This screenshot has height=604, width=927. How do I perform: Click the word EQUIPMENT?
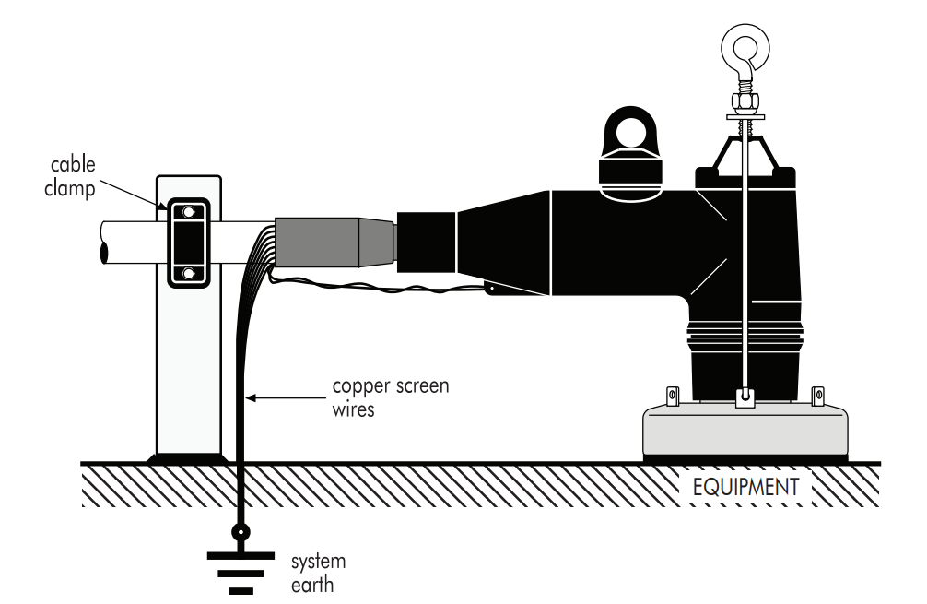(746, 485)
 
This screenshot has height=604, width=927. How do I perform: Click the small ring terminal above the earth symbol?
(241, 532)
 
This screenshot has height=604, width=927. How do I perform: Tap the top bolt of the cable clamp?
(188, 212)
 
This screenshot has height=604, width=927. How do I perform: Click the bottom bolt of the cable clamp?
(188, 273)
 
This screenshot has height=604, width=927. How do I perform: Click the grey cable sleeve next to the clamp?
(334, 242)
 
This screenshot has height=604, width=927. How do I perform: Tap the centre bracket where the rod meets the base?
(745, 397)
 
